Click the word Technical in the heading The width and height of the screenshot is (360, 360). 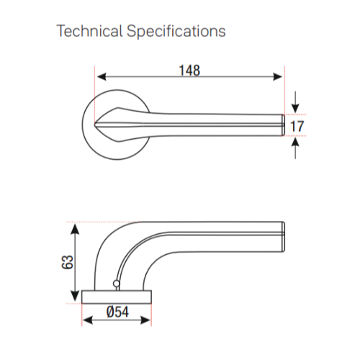[89, 31]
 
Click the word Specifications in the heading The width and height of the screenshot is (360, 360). [176, 32]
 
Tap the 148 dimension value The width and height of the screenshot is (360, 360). [189, 71]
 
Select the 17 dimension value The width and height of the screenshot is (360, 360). [297, 126]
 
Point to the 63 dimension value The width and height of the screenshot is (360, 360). [68, 262]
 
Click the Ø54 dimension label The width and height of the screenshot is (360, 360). [117, 312]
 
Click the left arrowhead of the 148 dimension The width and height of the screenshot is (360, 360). [102, 77]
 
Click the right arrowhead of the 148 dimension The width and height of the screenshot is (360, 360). [277, 77]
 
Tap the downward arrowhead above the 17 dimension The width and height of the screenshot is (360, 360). [295, 108]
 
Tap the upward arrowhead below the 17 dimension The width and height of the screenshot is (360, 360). [295, 142]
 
